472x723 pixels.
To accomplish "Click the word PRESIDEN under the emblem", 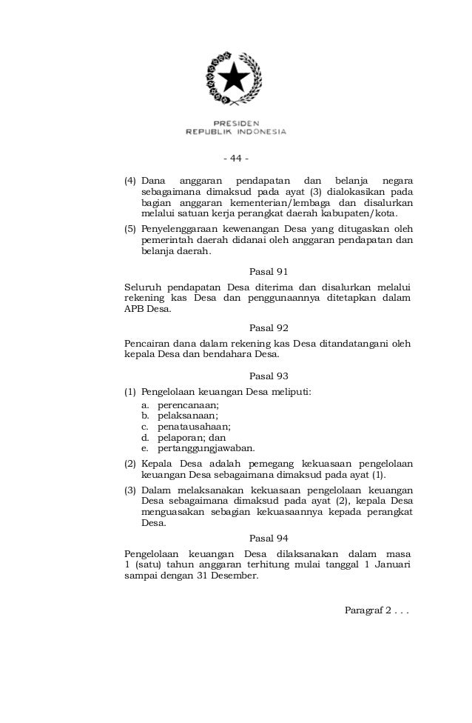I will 235,124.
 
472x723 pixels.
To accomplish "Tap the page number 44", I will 236,158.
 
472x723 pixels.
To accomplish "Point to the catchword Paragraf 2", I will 376,610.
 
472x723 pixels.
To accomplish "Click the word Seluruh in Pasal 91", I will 143,286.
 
